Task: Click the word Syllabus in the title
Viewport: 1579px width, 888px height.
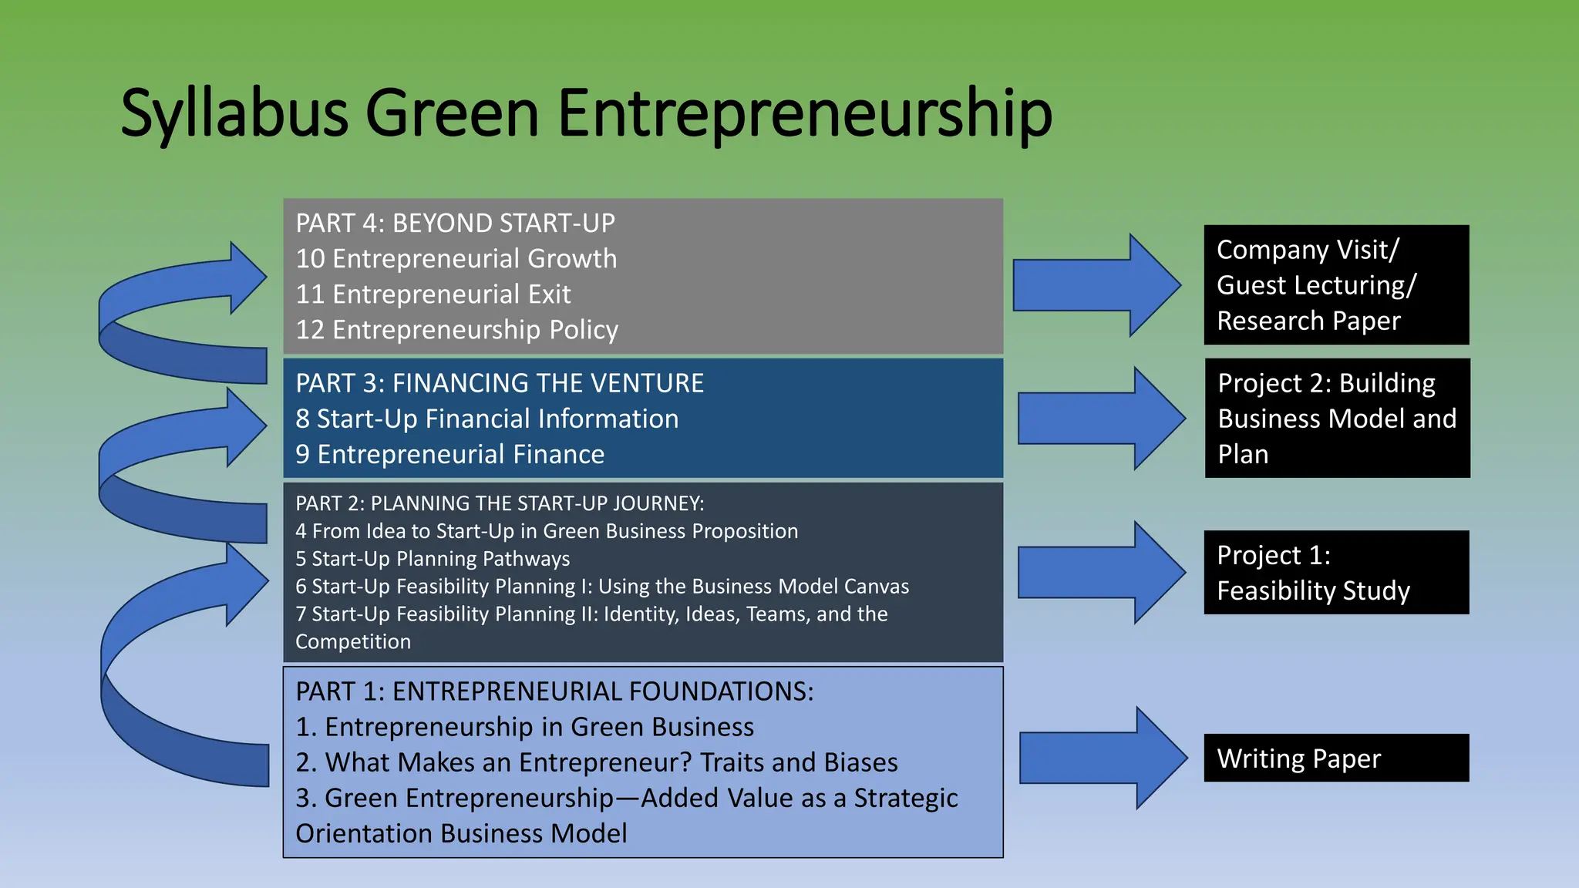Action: (234, 114)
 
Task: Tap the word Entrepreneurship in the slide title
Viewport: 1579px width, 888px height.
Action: (804, 114)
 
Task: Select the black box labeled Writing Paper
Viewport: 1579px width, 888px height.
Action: (1336, 758)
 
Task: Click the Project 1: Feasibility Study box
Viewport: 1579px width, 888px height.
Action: (1336, 573)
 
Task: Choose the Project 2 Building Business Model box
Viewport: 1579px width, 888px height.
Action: (1337, 418)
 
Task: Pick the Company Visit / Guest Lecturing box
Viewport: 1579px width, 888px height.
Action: (1336, 284)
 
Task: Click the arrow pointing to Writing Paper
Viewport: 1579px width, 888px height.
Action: (1103, 758)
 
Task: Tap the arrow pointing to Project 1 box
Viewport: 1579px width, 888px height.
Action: (1101, 572)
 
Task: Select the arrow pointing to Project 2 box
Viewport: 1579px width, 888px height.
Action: (1101, 418)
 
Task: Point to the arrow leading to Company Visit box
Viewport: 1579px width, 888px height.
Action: (1096, 284)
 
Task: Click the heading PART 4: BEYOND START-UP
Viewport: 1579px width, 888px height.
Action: (455, 223)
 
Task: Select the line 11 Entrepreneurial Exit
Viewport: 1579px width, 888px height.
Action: (433, 294)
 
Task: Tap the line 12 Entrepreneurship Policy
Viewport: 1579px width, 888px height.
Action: (456, 330)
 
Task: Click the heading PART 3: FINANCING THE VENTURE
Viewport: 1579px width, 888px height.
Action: (500, 383)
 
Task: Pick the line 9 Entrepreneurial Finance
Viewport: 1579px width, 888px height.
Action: (449, 454)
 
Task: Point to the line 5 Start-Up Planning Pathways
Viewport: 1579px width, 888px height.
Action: (433, 558)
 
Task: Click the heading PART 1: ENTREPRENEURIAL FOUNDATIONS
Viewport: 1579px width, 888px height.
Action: (554, 691)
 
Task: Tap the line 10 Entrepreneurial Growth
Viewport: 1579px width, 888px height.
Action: (456, 258)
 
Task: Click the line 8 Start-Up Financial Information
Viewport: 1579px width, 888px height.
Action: (486, 419)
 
